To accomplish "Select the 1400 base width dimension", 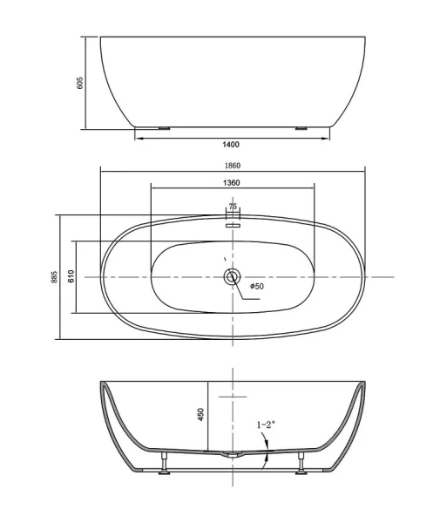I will (231, 145).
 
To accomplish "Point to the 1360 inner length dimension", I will (232, 183).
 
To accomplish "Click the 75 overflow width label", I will (233, 207).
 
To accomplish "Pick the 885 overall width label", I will (54, 276).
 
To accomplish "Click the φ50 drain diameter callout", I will (257, 286).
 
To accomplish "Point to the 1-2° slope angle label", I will (266, 425).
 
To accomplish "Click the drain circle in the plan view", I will (232, 277).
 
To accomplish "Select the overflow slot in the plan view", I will (233, 223).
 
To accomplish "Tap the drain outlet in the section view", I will (232, 455).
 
